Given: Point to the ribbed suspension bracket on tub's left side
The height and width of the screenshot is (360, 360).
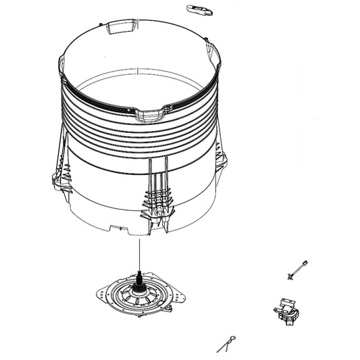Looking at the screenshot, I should pos(59,179).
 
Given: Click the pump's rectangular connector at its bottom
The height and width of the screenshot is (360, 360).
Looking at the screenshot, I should pos(289,318).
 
